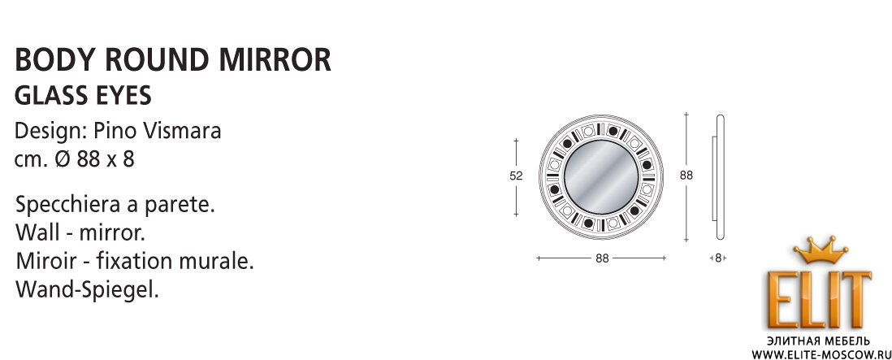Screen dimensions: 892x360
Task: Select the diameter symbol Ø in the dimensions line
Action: coord(63,159)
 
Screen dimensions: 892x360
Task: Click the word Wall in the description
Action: coord(35,233)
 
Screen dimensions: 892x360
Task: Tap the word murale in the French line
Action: coord(220,262)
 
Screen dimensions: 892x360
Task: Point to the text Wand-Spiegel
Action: coord(86,291)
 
